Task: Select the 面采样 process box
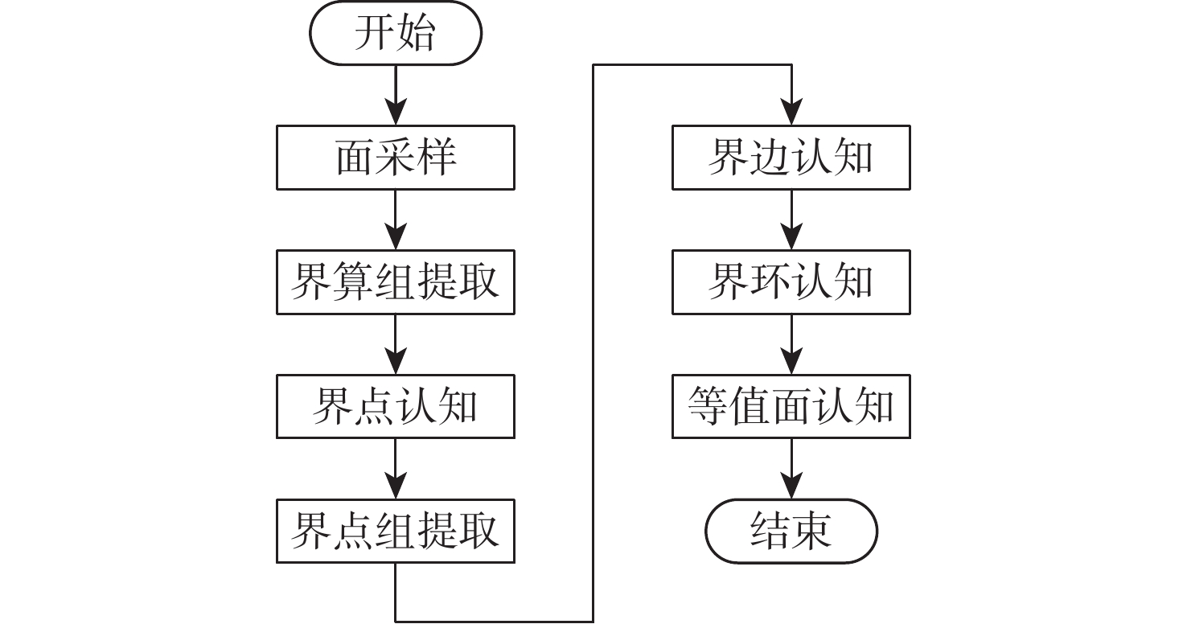[x=396, y=158]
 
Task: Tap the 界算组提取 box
[x=396, y=282]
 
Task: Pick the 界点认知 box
[x=396, y=406]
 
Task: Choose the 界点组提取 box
[x=396, y=531]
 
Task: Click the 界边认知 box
[x=791, y=158]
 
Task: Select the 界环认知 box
[x=791, y=282]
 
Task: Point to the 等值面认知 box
[x=791, y=406]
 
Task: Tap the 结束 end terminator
[x=791, y=531]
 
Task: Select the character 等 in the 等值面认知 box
[x=708, y=406]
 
